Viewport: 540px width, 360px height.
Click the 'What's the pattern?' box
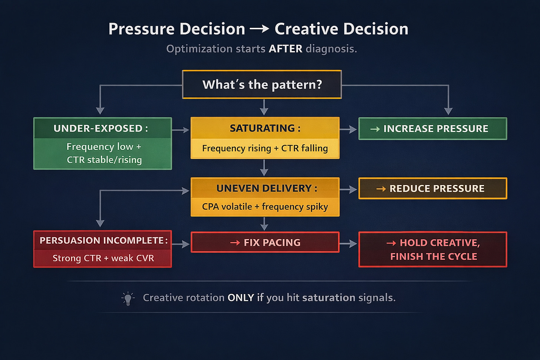(262, 85)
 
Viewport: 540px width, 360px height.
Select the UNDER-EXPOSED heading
(101, 128)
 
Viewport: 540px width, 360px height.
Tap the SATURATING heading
(265, 128)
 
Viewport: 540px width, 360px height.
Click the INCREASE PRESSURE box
(432, 129)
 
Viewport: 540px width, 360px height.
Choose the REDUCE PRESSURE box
(432, 188)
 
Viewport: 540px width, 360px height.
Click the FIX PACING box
(265, 242)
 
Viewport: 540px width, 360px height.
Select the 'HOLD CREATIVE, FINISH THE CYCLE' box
(432, 249)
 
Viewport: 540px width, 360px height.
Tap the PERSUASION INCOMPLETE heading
(103, 240)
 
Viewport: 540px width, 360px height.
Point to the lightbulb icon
(128, 298)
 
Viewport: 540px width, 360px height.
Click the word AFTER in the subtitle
(285, 49)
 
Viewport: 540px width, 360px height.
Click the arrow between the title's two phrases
(260, 29)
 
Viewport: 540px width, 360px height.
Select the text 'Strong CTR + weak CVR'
(103, 258)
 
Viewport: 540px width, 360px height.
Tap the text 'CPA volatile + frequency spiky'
(265, 207)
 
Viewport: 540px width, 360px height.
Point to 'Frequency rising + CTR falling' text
(265, 148)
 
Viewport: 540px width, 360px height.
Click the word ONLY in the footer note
(241, 298)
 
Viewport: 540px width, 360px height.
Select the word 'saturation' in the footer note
(329, 298)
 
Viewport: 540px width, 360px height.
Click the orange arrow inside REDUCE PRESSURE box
(381, 189)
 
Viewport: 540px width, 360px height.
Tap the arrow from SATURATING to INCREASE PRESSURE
(348, 129)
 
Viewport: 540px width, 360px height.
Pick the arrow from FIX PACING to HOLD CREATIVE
(348, 244)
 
